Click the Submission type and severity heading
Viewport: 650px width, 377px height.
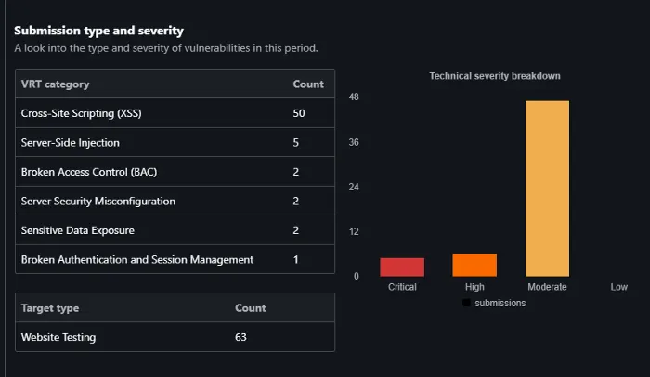click(98, 31)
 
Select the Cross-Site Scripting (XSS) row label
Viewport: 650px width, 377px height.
click(82, 113)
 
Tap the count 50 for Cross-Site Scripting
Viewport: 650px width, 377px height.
click(299, 113)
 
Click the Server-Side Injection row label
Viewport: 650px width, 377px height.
click(70, 143)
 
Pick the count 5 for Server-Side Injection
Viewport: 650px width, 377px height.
click(295, 143)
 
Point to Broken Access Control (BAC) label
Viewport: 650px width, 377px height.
click(89, 172)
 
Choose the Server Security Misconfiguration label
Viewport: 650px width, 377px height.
click(98, 201)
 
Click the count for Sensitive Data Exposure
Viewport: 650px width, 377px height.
click(295, 230)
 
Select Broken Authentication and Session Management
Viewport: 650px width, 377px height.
click(137, 260)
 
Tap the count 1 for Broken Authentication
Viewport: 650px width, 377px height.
click(295, 260)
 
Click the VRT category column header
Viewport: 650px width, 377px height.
click(55, 84)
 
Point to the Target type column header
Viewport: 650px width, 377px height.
click(50, 308)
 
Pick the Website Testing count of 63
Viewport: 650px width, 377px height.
click(240, 337)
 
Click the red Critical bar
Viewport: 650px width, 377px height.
click(402, 267)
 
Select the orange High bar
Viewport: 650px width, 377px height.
click(474, 265)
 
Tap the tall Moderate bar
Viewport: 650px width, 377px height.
click(547, 188)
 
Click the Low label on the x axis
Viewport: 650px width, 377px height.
click(619, 287)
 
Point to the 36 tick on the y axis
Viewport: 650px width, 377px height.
click(354, 142)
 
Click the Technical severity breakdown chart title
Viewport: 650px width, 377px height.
click(495, 76)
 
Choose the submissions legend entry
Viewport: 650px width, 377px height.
click(494, 303)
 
